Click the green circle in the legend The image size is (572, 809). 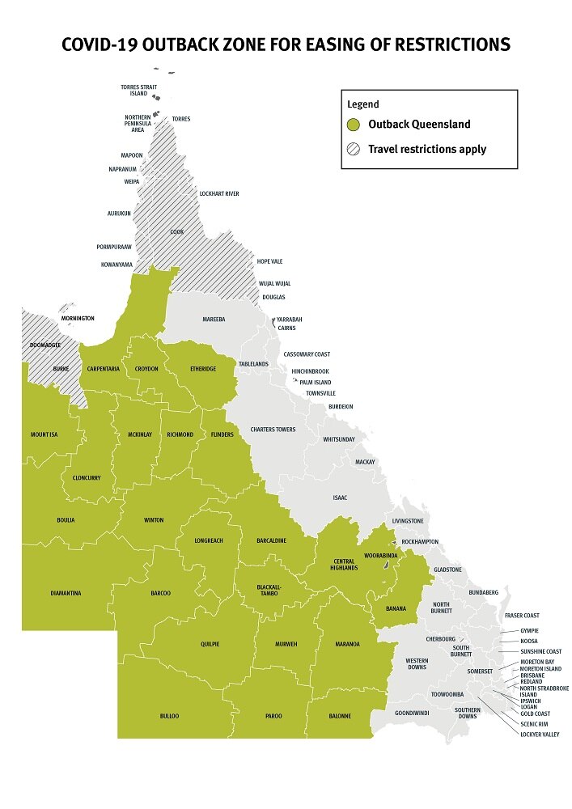click(x=354, y=125)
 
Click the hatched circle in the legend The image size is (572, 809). click(x=354, y=150)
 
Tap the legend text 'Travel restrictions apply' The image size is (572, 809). click(x=426, y=150)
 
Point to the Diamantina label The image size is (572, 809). click(x=65, y=593)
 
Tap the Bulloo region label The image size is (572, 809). click(x=169, y=716)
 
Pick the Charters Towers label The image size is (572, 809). click(x=273, y=430)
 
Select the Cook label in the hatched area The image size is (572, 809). click(x=176, y=232)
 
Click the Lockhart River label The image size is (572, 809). click(x=218, y=194)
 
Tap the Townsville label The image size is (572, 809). click(x=320, y=393)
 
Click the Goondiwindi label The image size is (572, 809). click(x=411, y=716)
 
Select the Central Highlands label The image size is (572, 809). click(x=345, y=564)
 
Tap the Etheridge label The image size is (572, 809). click(x=203, y=369)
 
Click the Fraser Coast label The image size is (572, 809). click(x=522, y=616)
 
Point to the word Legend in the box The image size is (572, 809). click(x=363, y=104)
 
